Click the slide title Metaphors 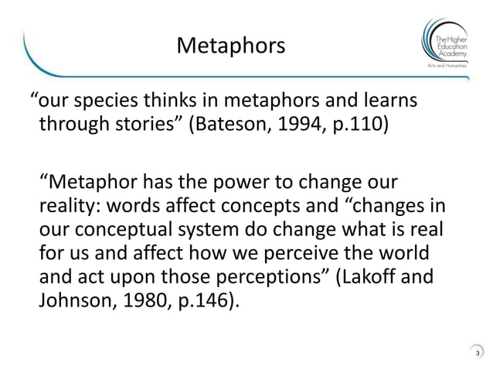230,46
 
